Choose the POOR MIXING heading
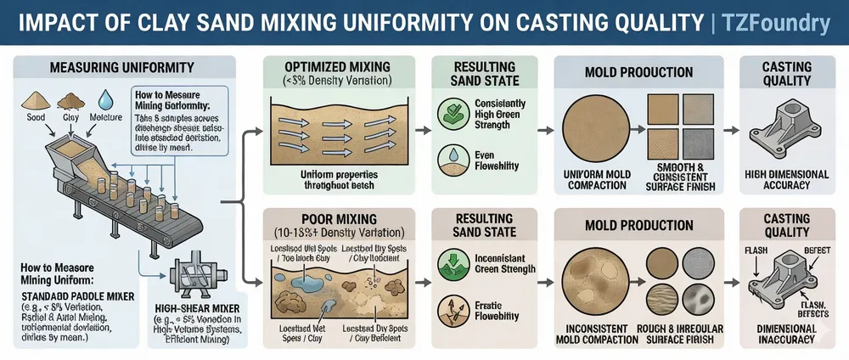(x=338, y=217)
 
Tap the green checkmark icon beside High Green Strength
(x=451, y=114)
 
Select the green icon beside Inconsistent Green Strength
(x=451, y=262)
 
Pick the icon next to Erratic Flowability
(x=451, y=308)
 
